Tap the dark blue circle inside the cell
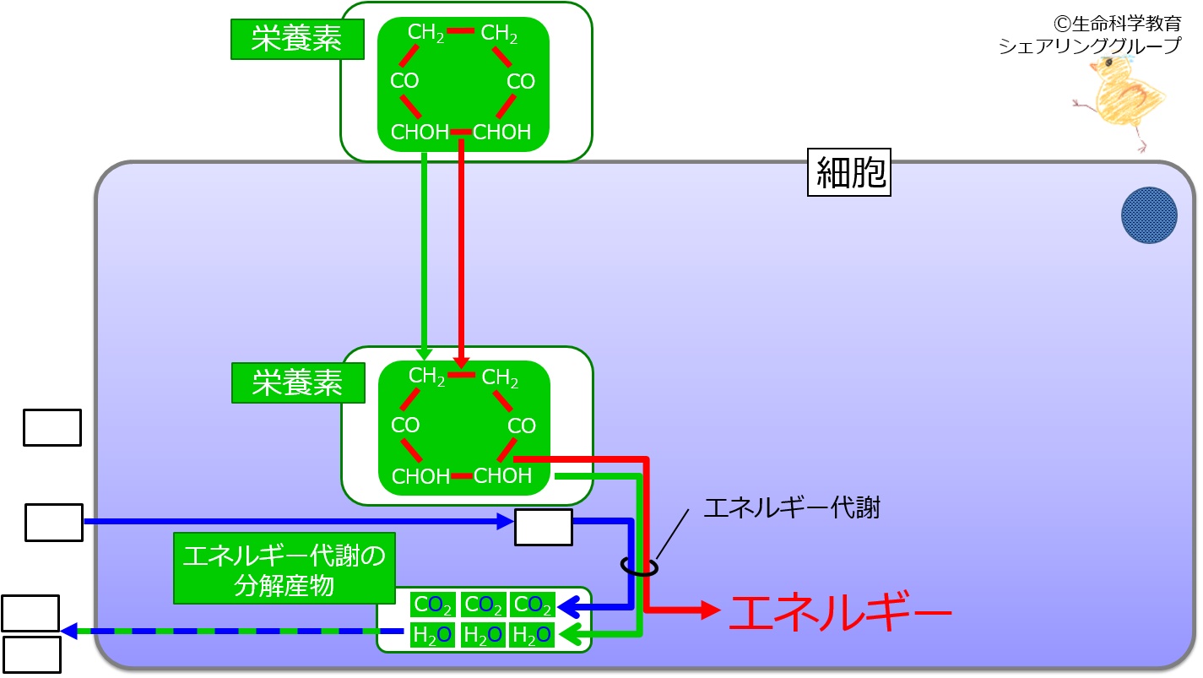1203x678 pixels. pos(1149,215)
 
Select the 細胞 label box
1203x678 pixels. pos(849,173)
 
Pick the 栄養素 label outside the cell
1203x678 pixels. pos(285,39)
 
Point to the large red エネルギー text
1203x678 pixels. pos(839,611)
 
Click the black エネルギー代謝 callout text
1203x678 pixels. pos(791,508)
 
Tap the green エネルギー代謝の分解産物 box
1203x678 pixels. pos(284,567)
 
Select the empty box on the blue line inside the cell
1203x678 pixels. pos(544,527)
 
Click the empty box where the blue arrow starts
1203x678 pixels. pos(54,522)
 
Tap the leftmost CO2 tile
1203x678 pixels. pos(433,605)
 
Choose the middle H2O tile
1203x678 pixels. pos(483,634)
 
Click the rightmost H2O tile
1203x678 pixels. pos(532,634)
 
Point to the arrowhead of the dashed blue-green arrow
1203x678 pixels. pos(69,631)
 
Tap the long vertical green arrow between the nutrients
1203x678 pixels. pos(424,253)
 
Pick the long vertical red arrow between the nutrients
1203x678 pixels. pos(461,253)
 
